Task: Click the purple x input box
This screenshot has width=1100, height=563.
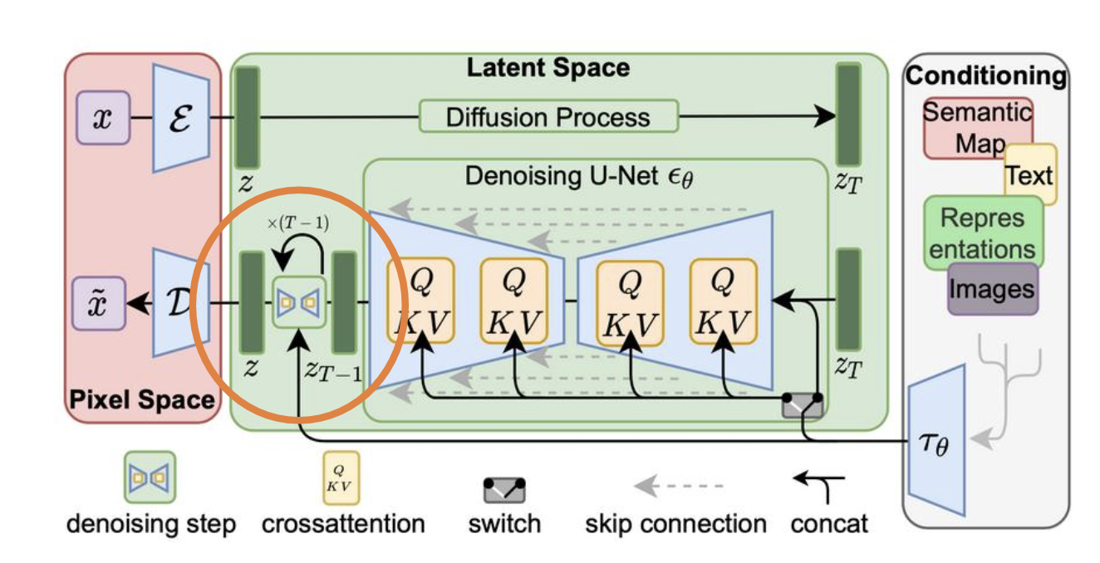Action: click(x=103, y=118)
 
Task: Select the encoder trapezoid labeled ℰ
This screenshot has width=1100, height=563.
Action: click(x=181, y=118)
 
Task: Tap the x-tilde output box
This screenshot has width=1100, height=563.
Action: click(x=99, y=303)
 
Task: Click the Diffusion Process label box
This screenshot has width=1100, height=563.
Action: click(x=548, y=116)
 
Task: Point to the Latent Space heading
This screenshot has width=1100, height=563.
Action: click(x=548, y=68)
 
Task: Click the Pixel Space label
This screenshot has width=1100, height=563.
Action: click(x=142, y=399)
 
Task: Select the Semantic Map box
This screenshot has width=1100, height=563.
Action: click(x=977, y=128)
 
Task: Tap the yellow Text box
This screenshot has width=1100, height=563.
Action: click(x=1030, y=174)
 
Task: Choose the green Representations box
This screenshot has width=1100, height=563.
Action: click(x=983, y=233)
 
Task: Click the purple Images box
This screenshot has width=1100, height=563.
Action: click(x=993, y=289)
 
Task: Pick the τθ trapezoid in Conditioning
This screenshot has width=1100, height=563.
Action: click(x=936, y=440)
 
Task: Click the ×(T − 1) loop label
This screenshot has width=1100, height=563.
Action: click(x=298, y=223)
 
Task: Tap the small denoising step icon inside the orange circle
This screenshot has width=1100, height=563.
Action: click(x=299, y=302)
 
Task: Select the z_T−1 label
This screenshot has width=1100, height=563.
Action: click(x=333, y=370)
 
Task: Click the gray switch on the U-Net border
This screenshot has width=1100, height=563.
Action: click(x=803, y=405)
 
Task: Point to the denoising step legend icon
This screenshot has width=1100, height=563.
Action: click(x=150, y=477)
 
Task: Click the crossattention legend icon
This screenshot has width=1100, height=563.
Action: click(x=341, y=478)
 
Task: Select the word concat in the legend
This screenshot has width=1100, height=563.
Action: click(x=829, y=524)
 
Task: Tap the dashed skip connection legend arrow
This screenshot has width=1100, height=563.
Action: click(x=679, y=486)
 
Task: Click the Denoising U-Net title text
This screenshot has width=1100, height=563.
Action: click(x=579, y=177)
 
